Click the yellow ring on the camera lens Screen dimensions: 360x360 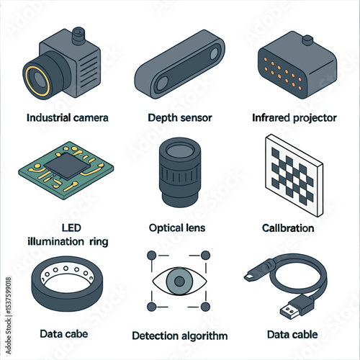[27, 81]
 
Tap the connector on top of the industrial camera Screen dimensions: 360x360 [78, 35]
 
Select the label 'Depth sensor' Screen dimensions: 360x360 [180, 118]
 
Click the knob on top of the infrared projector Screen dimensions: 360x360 [307, 40]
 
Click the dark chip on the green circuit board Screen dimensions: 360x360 [66, 166]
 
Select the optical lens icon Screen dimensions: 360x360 [180, 172]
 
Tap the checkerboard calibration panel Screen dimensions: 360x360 [294, 175]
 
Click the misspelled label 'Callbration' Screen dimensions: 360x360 [288, 228]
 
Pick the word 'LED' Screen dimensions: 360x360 [71, 228]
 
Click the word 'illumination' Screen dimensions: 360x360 [55, 241]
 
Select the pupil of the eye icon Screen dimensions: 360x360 [179, 281]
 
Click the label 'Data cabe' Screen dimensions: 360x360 [64, 334]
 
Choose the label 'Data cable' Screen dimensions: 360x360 [292, 334]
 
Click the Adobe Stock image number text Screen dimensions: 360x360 [9, 295]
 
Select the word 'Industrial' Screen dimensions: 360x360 [48, 117]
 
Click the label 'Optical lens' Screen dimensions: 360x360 [177, 228]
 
